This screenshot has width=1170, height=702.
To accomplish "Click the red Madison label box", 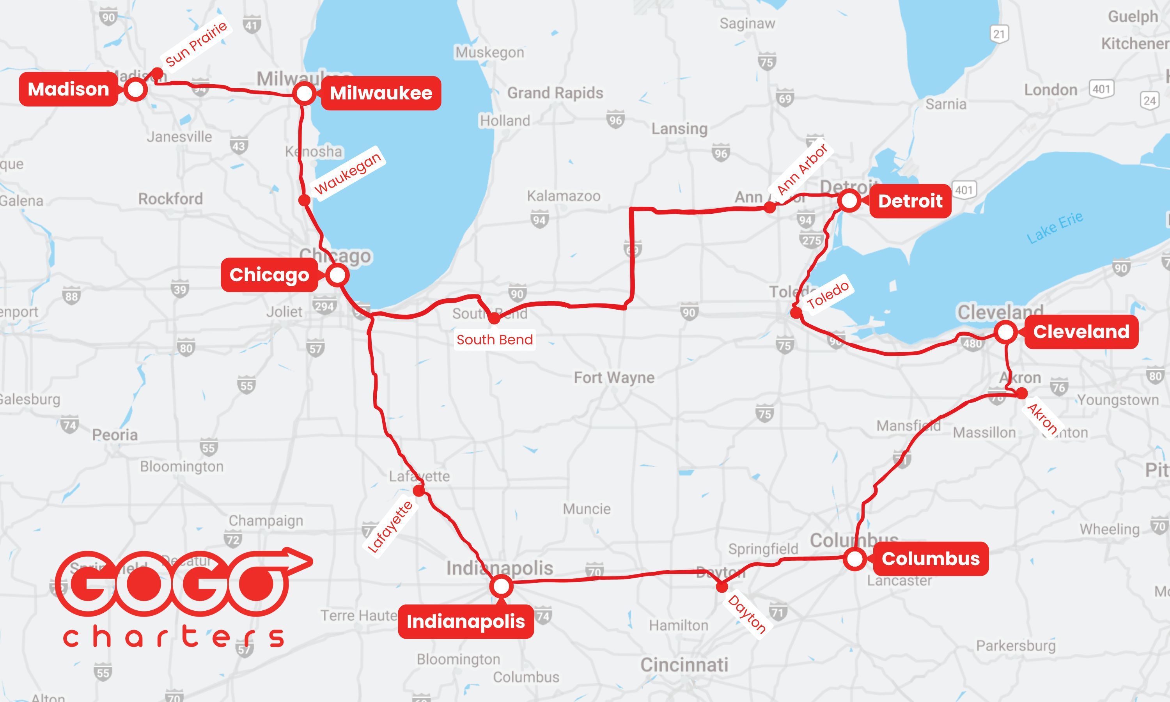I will pyautogui.click(x=68, y=89).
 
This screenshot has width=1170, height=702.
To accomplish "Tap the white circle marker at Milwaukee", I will pyautogui.click(x=305, y=93).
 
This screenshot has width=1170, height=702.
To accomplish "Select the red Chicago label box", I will pyautogui.click(x=269, y=275).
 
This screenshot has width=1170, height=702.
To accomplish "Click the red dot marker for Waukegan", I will pyautogui.click(x=305, y=200).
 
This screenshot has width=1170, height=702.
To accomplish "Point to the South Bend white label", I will pyautogui.click(x=495, y=340).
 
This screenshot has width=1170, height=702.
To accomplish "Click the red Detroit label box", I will pyautogui.click(x=910, y=201).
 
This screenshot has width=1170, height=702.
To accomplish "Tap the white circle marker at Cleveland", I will pyautogui.click(x=1005, y=331).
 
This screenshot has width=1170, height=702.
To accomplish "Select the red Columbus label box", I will pyautogui.click(x=930, y=558).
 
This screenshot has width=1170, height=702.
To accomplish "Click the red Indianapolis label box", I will pyautogui.click(x=465, y=622).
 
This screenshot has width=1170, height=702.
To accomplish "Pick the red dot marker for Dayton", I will pyautogui.click(x=721, y=587).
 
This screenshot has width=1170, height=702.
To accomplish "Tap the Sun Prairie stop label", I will pyautogui.click(x=196, y=44).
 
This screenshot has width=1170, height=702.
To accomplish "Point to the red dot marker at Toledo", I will pyautogui.click(x=796, y=312).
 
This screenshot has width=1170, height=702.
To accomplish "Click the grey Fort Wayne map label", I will pyautogui.click(x=614, y=378).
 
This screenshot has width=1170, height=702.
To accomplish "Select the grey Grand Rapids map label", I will pyautogui.click(x=555, y=93).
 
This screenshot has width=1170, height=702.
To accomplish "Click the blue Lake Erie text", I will pyautogui.click(x=1055, y=227).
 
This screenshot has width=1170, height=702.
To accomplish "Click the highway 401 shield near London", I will pyautogui.click(x=1101, y=89).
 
